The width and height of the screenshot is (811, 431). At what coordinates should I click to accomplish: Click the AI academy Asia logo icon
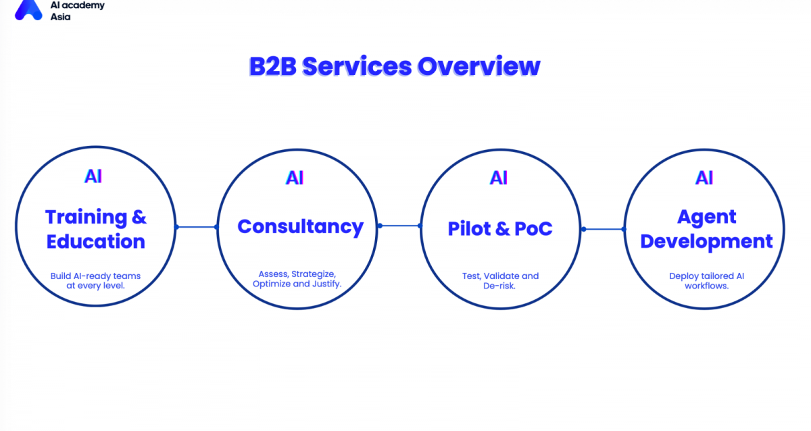coord(28,9)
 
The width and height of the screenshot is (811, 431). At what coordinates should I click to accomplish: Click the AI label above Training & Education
coord(93,176)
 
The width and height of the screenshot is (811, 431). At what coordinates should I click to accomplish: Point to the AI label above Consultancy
coord(295,178)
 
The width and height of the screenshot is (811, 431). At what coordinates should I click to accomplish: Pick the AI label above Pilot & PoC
coord(499,178)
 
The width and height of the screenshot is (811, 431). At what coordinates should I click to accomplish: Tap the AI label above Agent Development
coord(704,178)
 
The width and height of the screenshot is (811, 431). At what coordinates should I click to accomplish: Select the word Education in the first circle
coord(95,241)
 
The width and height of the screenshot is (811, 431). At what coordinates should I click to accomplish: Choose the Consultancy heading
coord(300,226)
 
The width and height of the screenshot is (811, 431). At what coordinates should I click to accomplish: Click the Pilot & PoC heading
coord(500,228)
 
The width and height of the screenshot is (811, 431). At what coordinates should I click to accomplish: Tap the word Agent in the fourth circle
coord(706,217)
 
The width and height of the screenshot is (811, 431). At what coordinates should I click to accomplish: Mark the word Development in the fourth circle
coord(706,241)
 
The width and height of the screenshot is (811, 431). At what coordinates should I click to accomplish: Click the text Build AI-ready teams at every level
coord(95,281)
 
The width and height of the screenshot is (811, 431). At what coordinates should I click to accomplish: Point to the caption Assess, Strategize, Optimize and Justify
coord(297,279)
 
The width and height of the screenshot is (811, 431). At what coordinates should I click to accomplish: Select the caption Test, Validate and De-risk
coord(500,281)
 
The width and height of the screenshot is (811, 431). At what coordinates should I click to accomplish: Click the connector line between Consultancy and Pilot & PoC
coord(399,226)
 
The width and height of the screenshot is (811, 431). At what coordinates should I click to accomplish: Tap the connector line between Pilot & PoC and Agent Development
coord(603,229)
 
